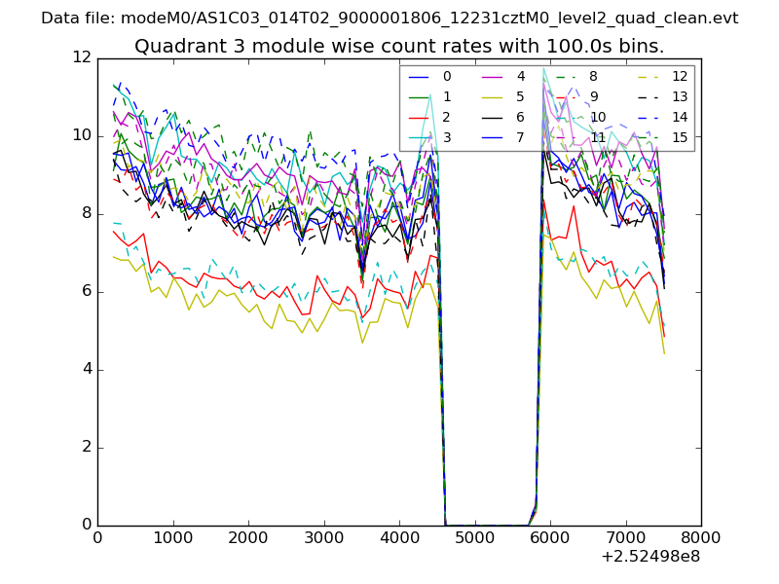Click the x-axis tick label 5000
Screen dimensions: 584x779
tap(474, 537)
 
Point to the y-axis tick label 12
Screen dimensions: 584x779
tap(82, 58)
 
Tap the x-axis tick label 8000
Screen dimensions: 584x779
tap(700, 537)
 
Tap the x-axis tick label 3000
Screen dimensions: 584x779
tap(323, 537)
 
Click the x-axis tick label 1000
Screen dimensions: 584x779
tap(172, 537)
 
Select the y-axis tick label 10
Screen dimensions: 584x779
tap(82, 136)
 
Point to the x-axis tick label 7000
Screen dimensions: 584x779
tap(625, 537)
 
